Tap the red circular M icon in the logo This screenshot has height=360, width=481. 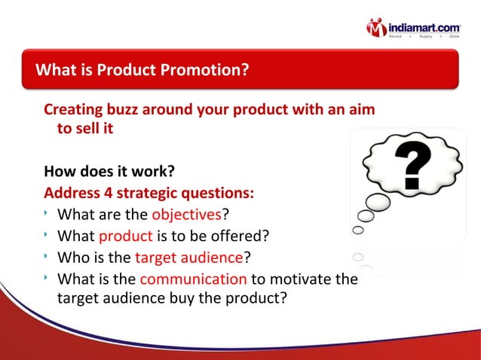(378, 29)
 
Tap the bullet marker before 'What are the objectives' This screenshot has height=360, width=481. (47, 215)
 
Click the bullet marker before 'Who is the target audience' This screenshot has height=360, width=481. (47, 257)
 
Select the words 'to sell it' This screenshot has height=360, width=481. (85, 129)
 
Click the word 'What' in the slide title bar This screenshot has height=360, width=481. (57, 71)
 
